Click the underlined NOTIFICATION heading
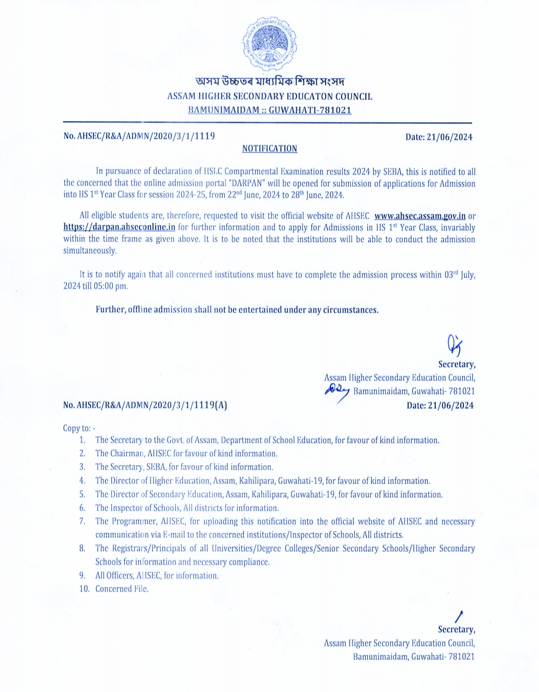(x=269, y=149)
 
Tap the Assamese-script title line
(x=269, y=81)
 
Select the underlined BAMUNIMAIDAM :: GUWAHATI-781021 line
(x=269, y=110)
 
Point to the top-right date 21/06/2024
(x=439, y=137)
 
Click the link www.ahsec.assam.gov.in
(x=419, y=216)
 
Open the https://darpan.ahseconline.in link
(x=119, y=227)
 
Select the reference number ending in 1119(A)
(x=145, y=405)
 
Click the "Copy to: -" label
(x=79, y=428)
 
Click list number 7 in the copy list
(x=82, y=521)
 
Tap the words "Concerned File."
(x=122, y=589)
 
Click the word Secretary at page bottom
(x=456, y=630)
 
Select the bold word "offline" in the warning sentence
(x=140, y=310)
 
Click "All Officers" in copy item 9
(x=113, y=576)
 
